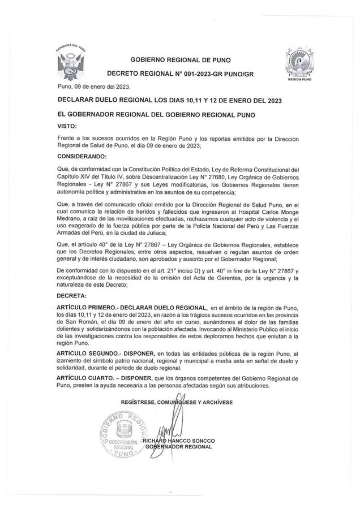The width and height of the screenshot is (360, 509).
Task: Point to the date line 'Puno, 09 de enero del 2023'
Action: [x=94, y=87]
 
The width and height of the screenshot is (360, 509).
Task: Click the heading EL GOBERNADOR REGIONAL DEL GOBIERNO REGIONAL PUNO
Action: [x=157, y=114]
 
